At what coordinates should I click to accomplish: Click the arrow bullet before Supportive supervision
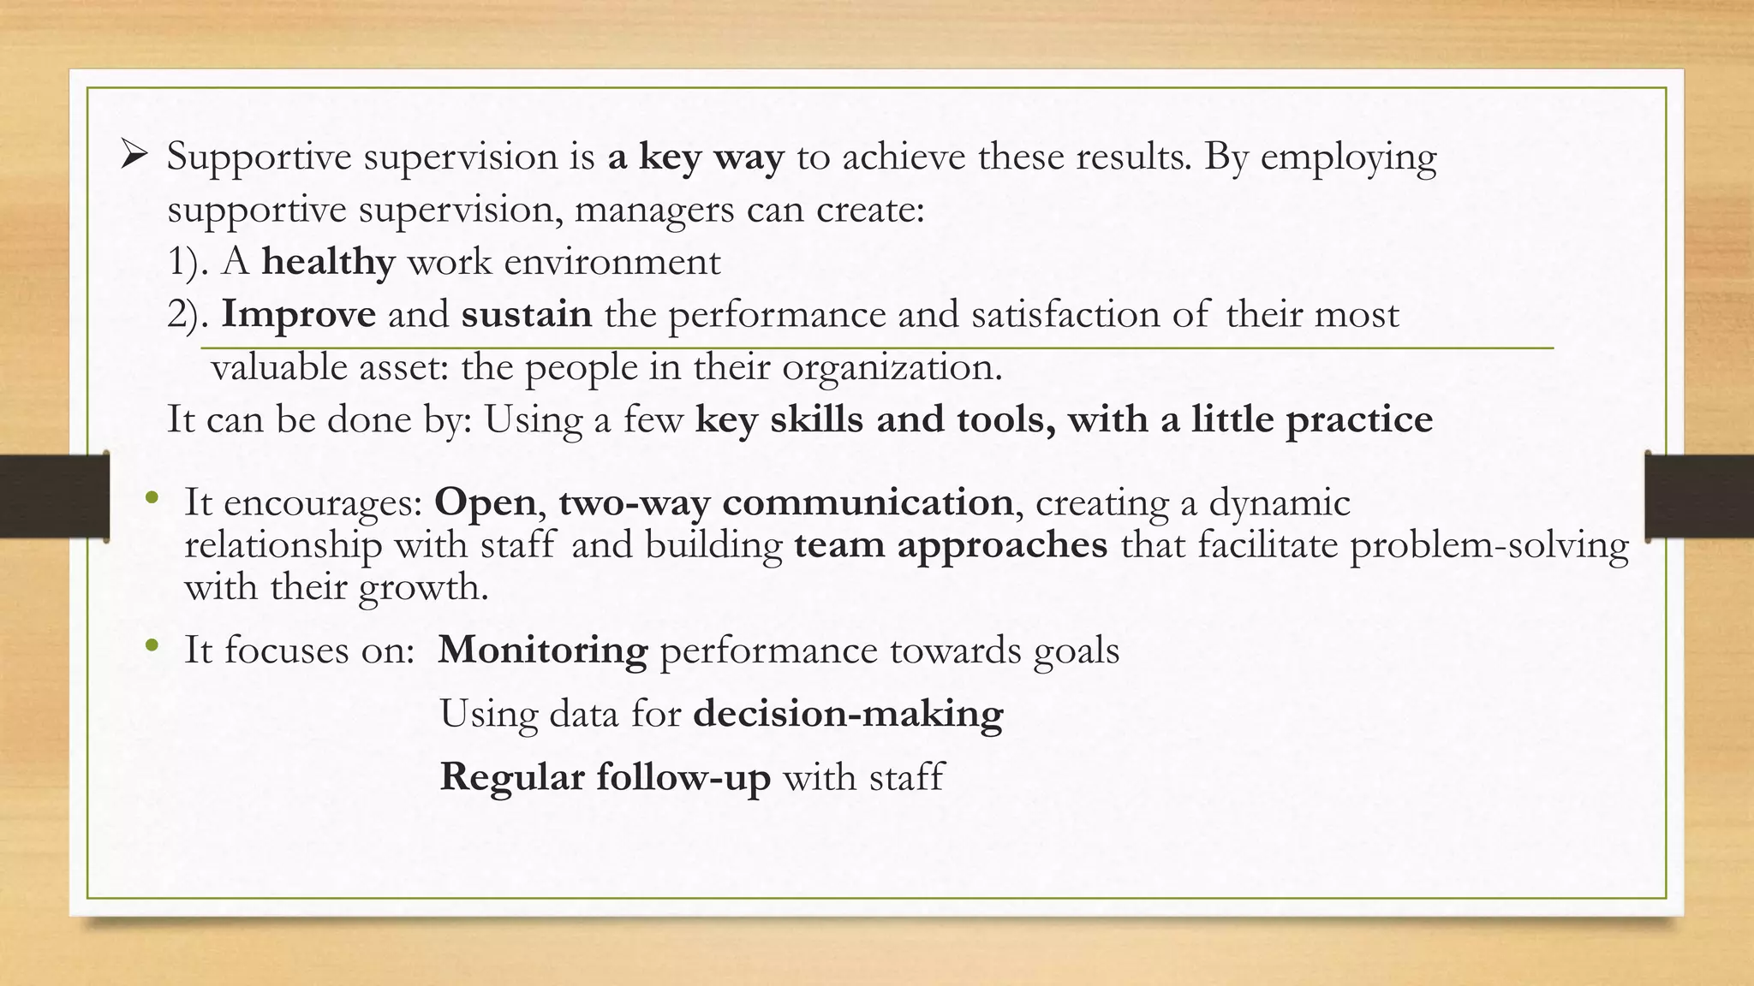coord(134,156)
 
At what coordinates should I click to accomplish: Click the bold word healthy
coord(328,261)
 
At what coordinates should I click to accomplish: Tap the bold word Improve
coord(298,314)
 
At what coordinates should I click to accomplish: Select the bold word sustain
coord(526,314)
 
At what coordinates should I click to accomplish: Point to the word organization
coord(891,368)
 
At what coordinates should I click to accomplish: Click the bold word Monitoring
coord(543,650)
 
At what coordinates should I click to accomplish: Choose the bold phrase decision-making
coord(848,714)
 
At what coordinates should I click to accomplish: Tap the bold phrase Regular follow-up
coord(605,777)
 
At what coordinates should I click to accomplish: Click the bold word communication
coord(868,502)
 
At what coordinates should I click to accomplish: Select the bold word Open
coord(485,502)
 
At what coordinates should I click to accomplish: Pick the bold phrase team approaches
coord(951,544)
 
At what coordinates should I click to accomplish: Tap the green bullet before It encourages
coord(152,497)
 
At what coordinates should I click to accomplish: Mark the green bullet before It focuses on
coord(152,645)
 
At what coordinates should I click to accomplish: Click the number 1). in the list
coord(188,262)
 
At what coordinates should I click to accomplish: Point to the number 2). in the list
coord(188,315)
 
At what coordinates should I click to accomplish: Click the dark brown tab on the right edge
coord(1699,496)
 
